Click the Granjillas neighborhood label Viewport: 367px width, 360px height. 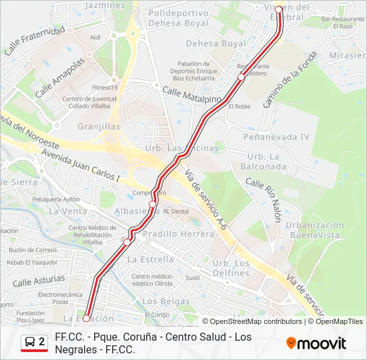(x=99, y=126)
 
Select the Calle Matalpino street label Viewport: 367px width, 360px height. (x=192, y=94)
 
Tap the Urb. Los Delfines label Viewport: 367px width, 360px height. (x=231, y=267)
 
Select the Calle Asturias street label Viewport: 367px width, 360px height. (x=39, y=280)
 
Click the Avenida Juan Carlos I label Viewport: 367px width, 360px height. (x=80, y=165)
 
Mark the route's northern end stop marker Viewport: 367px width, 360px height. (x=279, y=10)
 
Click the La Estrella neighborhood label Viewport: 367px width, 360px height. (x=150, y=259)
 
